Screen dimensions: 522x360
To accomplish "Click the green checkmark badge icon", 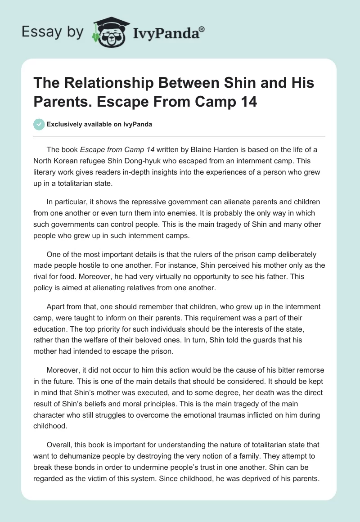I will click(39, 124).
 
